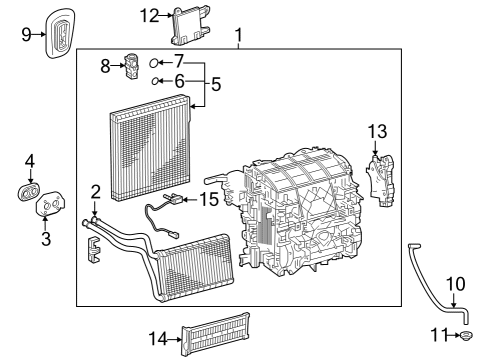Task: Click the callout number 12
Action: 148,15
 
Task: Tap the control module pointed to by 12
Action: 188,26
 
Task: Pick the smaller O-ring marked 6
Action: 158,82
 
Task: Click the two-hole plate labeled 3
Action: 48,207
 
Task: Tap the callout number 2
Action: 95,190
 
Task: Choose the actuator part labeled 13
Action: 380,175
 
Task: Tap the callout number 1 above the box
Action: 238,37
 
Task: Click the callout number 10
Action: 455,284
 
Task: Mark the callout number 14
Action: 157,339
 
